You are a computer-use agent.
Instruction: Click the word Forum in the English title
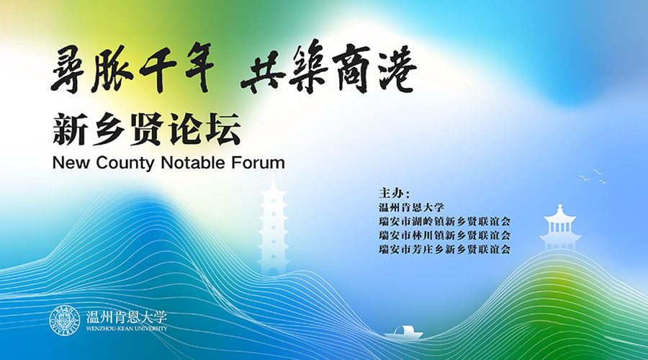coord(258,163)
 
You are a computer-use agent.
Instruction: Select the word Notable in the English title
coord(192,163)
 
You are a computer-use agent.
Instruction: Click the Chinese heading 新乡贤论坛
coord(146,130)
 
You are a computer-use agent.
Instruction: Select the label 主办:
coord(394,194)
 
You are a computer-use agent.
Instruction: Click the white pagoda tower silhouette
coord(273,223)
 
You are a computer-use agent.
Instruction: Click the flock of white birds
coord(593,176)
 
